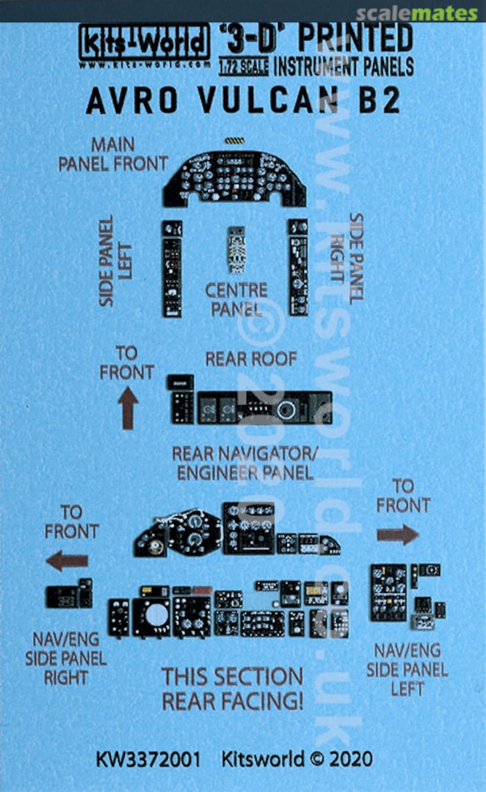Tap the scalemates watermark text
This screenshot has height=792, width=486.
pos(417,13)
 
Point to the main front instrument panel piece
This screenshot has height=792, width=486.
pos(234,178)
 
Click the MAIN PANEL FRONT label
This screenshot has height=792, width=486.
pos(113,153)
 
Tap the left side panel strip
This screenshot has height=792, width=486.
pos(172,267)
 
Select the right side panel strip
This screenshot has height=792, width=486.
pos(298,266)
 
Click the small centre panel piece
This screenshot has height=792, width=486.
pos(236,250)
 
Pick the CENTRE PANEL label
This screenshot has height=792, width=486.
pos(236,299)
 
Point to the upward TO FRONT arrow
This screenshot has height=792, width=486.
pos(128,408)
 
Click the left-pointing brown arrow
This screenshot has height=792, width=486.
pos(67,562)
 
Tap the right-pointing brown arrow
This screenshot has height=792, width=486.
pos(398,534)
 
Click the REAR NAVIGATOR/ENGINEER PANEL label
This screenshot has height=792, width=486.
pos(242,462)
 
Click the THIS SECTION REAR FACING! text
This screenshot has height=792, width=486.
pos(232,688)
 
